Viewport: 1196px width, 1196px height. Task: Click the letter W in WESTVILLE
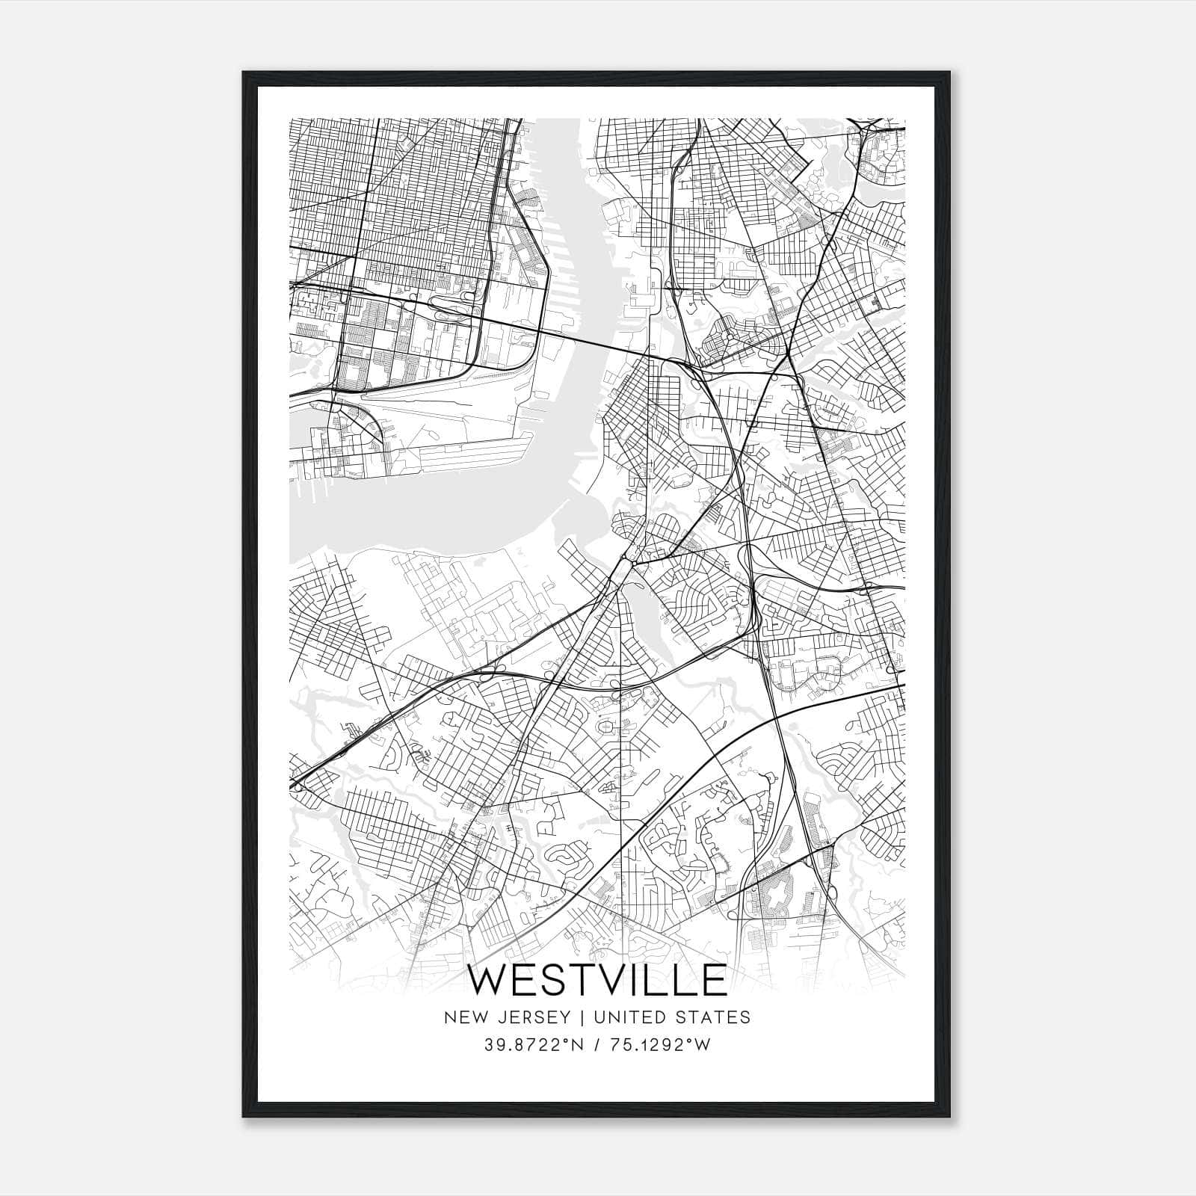491,980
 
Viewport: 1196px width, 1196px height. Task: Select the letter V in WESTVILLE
623,980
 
